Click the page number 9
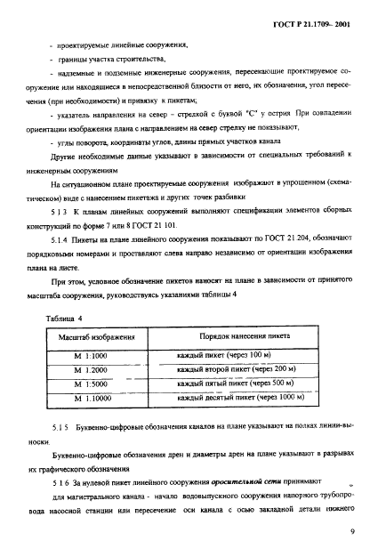(352, 531)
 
